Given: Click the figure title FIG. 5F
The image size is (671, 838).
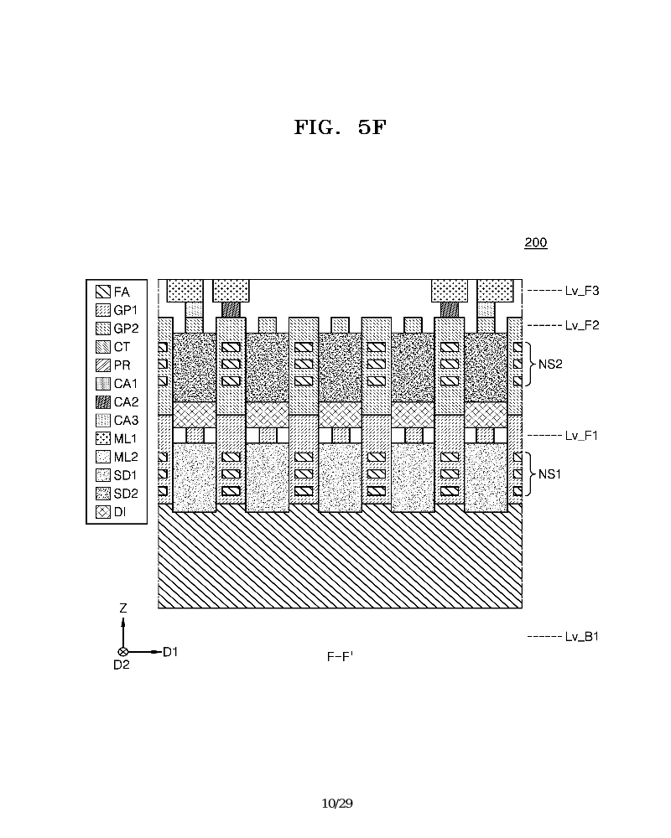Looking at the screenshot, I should coord(340,128).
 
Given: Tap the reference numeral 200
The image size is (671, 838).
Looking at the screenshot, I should coord(535,243).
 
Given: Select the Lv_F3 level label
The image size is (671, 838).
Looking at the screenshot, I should coord(582,291).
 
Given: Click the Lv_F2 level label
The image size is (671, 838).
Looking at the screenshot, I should coord(582,325).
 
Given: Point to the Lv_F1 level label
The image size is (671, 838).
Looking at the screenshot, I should coord(582,435).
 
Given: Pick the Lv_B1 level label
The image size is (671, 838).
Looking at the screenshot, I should coord(582,637).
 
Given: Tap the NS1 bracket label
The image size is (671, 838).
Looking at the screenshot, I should coord(549,473).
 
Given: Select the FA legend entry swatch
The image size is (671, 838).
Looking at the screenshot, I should coord(103,292).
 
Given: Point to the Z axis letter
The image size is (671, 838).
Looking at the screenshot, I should coord(123,609).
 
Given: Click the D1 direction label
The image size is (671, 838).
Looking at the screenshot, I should coord(170,651).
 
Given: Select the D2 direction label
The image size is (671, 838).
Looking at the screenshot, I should coord(122,665).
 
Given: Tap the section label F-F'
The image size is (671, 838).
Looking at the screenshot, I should coord(340,657).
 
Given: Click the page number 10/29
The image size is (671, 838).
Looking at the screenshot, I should coord(337,804).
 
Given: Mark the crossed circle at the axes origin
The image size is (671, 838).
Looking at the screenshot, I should coord(123,651).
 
